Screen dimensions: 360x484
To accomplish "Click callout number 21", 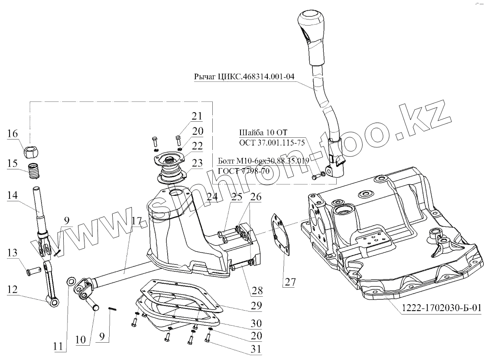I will [x=198, y=116].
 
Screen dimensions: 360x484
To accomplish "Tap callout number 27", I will [x=289, y=282].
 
